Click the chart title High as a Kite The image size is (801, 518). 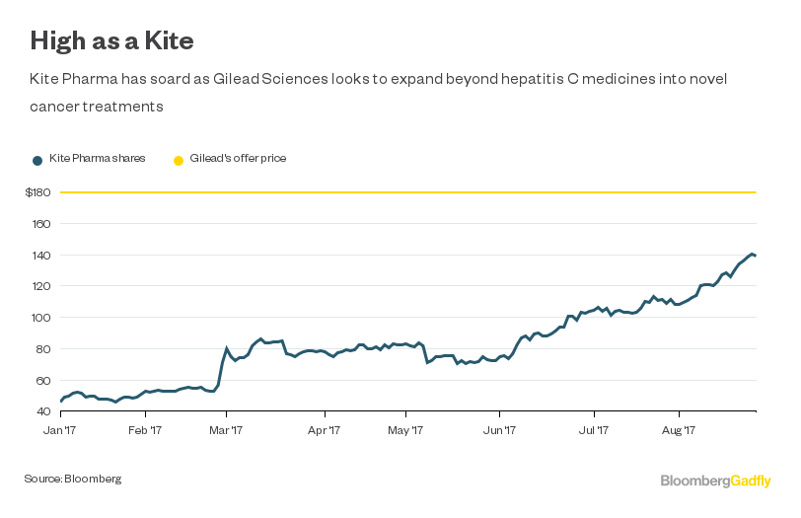[x=110, y=40]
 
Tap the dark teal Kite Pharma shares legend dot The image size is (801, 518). [x=37, y=159]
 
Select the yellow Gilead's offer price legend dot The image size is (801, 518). [x=179, y=159]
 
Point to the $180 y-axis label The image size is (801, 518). [x=38, y=192]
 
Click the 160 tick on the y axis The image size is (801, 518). [x=40, y=224]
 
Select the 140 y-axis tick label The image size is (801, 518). [x=40, y=256]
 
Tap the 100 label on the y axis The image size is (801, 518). [x=40, y=318]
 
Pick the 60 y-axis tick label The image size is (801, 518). [x=43, y=381]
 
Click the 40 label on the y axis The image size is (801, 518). [x=43, y=411]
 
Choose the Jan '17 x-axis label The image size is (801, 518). [x=60, y=431]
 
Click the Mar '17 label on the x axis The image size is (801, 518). [x=228, y=431]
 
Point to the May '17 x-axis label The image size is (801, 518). [x=404, y=431]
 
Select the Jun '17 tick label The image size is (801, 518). [x=501, y=431]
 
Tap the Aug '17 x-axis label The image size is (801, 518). [x=679, y=431]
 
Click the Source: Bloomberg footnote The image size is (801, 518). [x=73, y=479]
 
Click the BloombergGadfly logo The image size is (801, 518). [x=715, y=481]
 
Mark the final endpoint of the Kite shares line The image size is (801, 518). [x=756, y=256]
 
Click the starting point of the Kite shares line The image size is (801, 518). [x=60, y=402]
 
